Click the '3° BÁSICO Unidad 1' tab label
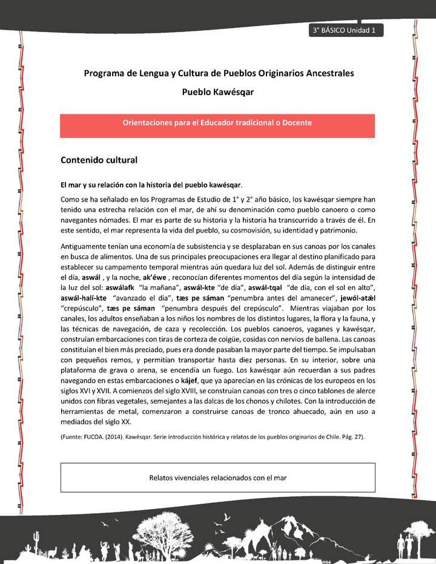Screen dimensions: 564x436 point(345,31)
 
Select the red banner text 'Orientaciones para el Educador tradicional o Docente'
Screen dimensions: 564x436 point(217,123)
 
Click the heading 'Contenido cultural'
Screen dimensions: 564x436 point(99,160)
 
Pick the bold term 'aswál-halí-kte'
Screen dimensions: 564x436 point(84,298)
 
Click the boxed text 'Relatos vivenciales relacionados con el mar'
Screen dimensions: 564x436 point(217,477)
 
